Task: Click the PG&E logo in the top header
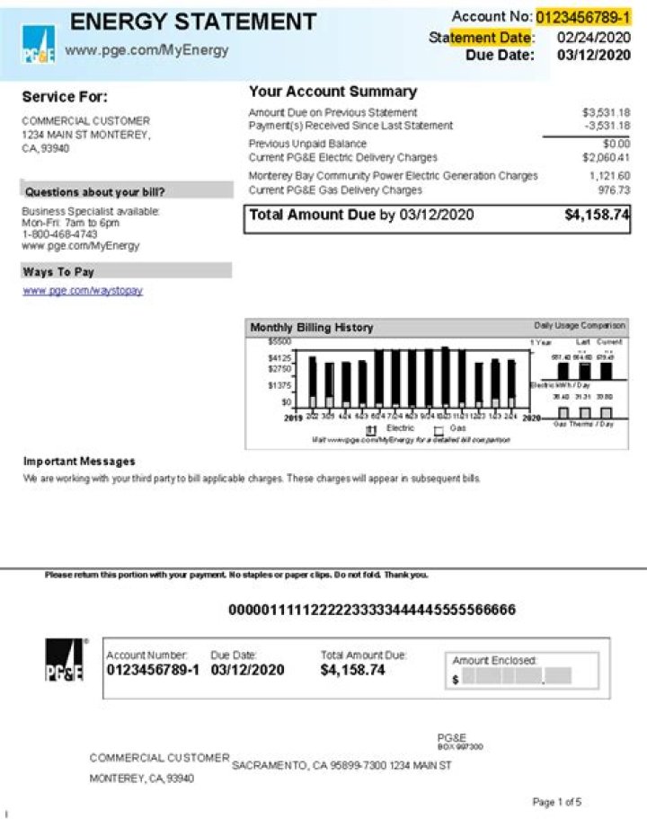click(x=38, y=45)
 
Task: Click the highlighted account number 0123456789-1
click(x=583, y=17)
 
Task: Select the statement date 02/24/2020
click(x=593, y=37)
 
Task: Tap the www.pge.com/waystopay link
click(x=83, y=291)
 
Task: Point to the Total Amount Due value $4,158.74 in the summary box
click(x=597, y=216)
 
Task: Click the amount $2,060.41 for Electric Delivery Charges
click(x=606, y=157)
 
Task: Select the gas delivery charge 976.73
click(x=614, y=190)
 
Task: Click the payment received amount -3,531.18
click(x=607, y=126)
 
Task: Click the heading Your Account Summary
click(x=332, y=92)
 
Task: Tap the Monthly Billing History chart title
click(x=311, y=328)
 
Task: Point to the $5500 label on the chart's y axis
click(x=279, y=342)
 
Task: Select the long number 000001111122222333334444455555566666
click(x=372, y=611)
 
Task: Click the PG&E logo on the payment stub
click(x=65, y=661)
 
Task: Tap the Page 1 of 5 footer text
click(x=557, y=802)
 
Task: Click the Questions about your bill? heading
click(x=95, y=192)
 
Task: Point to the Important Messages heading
click(x=79, y=462)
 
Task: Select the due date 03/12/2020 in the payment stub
click(x=247, y=670)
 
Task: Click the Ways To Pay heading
click(x=58, y=271)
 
